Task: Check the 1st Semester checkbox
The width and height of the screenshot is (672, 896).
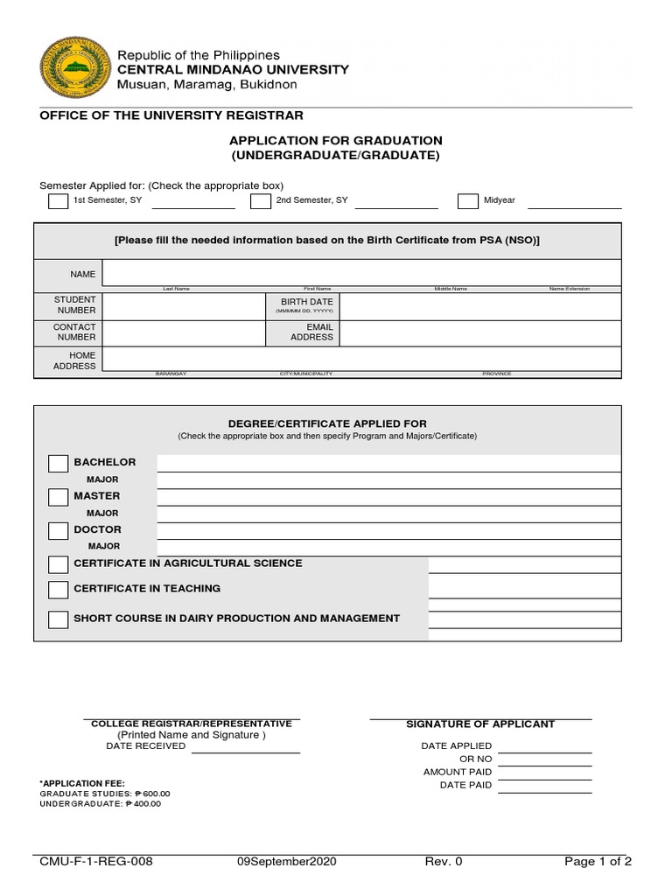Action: click(x=58, y=201)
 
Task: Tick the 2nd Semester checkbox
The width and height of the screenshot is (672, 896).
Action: click(x=260, y=201)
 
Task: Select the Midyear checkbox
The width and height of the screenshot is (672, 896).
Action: click(x=468, y=201)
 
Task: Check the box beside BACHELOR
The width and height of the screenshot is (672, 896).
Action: click(x=58, y=463)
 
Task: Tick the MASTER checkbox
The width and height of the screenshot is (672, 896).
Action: click(x=58, y=497)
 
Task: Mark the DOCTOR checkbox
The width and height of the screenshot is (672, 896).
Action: click(x=58, y=530)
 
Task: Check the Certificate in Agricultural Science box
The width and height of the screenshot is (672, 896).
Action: click(x=58, y=564)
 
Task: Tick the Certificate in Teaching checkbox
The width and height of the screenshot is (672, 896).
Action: click(x=58, y=589)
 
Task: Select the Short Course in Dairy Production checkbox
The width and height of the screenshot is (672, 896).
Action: click(x=58, y=619)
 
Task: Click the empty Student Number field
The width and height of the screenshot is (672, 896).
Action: click(x=184, y=305)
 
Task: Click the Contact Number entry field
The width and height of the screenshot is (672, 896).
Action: click(x=184, y=332)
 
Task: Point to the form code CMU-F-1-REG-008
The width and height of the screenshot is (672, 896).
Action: click(x=96, y=862)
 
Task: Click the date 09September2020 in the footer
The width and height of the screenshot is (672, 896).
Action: click(x=286, y=862)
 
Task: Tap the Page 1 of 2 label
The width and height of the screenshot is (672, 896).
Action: click(x=598, y=862)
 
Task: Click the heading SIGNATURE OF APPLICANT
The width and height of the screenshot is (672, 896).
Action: click(x=480, y=724)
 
